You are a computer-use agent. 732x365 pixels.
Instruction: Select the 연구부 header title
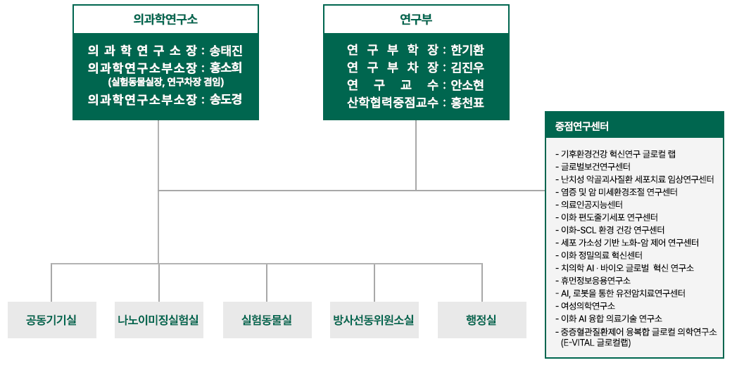415,19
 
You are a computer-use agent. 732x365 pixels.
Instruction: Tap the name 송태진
226,51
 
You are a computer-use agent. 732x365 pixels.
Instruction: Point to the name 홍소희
226,68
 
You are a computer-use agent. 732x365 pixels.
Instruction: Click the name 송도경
226,99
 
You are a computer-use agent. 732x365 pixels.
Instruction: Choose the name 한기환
468,51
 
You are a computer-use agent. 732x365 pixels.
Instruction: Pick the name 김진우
468,68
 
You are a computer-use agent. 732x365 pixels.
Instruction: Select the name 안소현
468,84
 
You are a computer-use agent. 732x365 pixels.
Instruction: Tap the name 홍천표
468,102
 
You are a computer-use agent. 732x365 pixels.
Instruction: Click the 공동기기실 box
51,320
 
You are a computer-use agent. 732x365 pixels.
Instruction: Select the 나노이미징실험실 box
159,320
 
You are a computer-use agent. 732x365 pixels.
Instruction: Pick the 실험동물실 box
267,320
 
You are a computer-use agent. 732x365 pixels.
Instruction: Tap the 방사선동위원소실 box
374,320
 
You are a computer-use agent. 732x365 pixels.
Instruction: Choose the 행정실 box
481,320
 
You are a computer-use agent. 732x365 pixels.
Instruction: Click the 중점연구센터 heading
582,127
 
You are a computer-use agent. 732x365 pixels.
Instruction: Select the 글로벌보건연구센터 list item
595,167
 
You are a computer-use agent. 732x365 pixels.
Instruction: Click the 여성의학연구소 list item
587,306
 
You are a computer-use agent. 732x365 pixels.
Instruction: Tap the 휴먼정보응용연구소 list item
595,281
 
